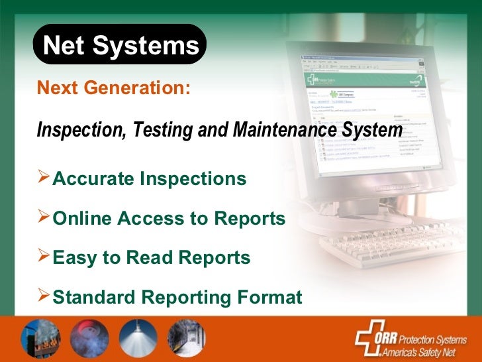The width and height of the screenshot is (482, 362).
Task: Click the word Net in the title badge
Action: coord(64,46)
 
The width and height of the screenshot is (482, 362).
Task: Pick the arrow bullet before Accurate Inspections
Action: coord(44,178)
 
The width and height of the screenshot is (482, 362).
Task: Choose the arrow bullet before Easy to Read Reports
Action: coord(44,257)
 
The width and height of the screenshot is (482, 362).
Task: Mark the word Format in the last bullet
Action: coord(269,297)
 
